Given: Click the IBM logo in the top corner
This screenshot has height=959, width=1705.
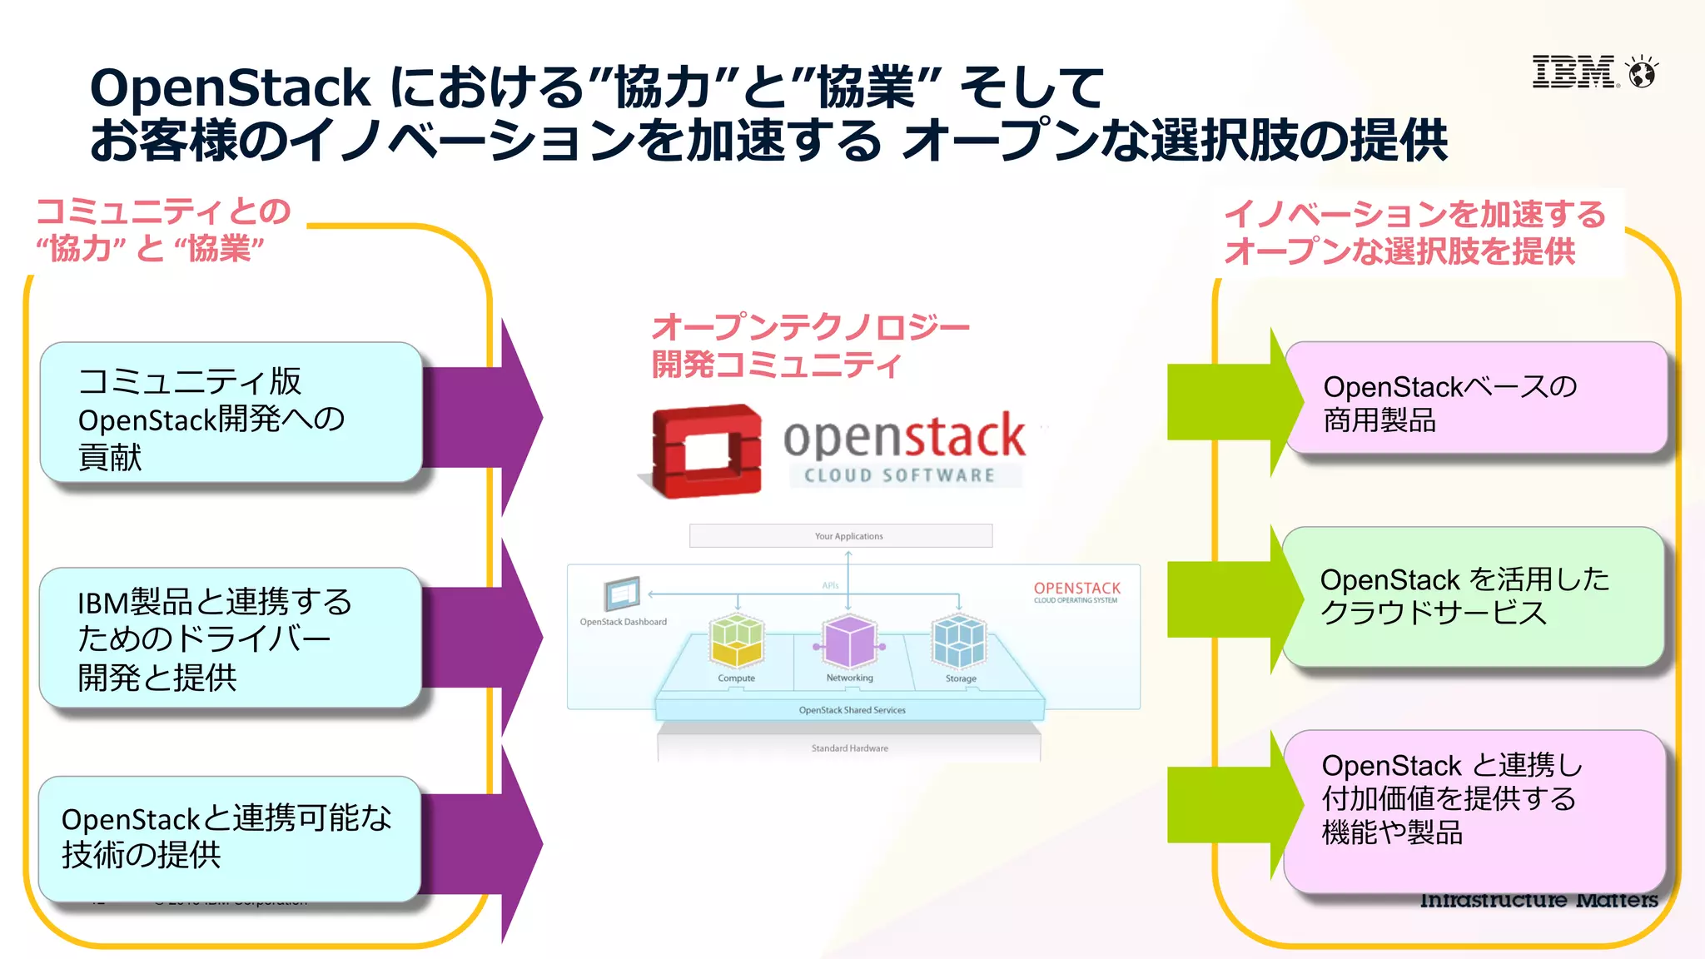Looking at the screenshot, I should tap(1573, 72).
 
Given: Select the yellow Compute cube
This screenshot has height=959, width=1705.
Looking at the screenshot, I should tap(737, 640).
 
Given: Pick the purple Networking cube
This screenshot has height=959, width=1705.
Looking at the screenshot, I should tap(849, 641).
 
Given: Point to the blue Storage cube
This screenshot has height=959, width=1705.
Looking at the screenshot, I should tap(959, 641).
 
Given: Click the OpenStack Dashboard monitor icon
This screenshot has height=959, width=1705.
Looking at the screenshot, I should tap(622, 594).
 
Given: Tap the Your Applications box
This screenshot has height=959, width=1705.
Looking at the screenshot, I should tap(841, 535).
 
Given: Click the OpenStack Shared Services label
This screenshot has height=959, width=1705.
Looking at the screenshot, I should tap(852, 710).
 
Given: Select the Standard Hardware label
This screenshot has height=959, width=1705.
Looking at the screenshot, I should tap(849, 748).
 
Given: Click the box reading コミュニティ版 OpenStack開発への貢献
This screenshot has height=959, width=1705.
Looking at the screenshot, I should tap(231, 413).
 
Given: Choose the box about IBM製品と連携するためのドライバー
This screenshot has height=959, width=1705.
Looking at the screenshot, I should tap(231, 639).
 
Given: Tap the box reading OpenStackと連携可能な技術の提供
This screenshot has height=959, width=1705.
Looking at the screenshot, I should tap(229, 838).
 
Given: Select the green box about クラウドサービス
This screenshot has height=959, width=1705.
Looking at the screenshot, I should tap(1473, 596).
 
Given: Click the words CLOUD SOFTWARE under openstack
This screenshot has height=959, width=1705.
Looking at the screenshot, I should tap(900, 475).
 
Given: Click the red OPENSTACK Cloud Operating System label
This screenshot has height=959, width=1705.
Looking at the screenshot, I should tap(1076, 591).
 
